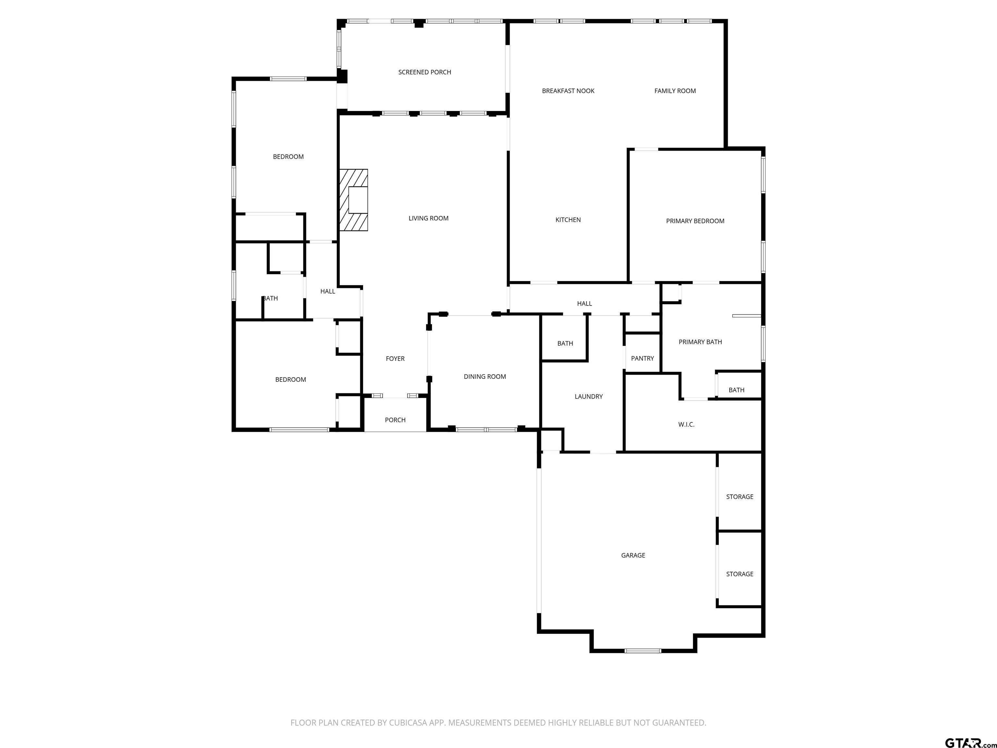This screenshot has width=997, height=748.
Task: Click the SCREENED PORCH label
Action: pos(424,72)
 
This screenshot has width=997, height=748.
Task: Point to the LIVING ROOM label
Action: pos(428,218)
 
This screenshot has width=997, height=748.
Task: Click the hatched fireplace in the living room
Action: pos(353,200)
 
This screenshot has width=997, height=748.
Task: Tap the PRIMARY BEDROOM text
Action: pos(695,221)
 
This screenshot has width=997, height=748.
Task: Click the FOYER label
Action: pos(395,359)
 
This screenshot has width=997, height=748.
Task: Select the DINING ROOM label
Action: pos(485,377)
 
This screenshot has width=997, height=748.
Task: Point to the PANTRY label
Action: pos(642,358)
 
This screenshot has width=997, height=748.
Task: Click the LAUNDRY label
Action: pos(588,397)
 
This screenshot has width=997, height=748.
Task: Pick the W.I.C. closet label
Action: pos(686,425)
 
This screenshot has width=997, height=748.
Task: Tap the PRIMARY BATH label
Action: pos(700,342)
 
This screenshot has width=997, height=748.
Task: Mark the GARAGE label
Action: pos(633,555)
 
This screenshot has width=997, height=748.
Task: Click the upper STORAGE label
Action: pos(739,497)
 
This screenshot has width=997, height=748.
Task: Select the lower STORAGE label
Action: pos(739,574)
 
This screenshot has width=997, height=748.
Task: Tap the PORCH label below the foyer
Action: pos(395,420)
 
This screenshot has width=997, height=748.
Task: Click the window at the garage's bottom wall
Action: pos(643,651)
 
